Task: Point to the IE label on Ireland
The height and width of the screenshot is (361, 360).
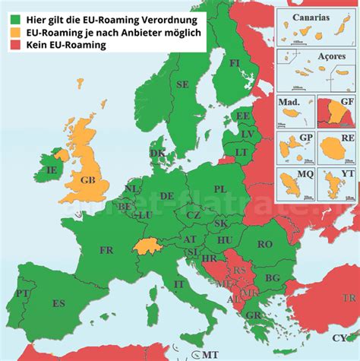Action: coord(52,171)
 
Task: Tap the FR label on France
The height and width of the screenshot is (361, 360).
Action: coord(106,249)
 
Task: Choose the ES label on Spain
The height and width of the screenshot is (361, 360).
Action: coord(58,304)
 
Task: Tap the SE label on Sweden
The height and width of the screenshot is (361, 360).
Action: coord(182,84)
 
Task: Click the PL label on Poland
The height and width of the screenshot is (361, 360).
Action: coord(220,188)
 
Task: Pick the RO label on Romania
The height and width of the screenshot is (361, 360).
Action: coord(264,244)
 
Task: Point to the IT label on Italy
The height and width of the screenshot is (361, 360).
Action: coord(179,283)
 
